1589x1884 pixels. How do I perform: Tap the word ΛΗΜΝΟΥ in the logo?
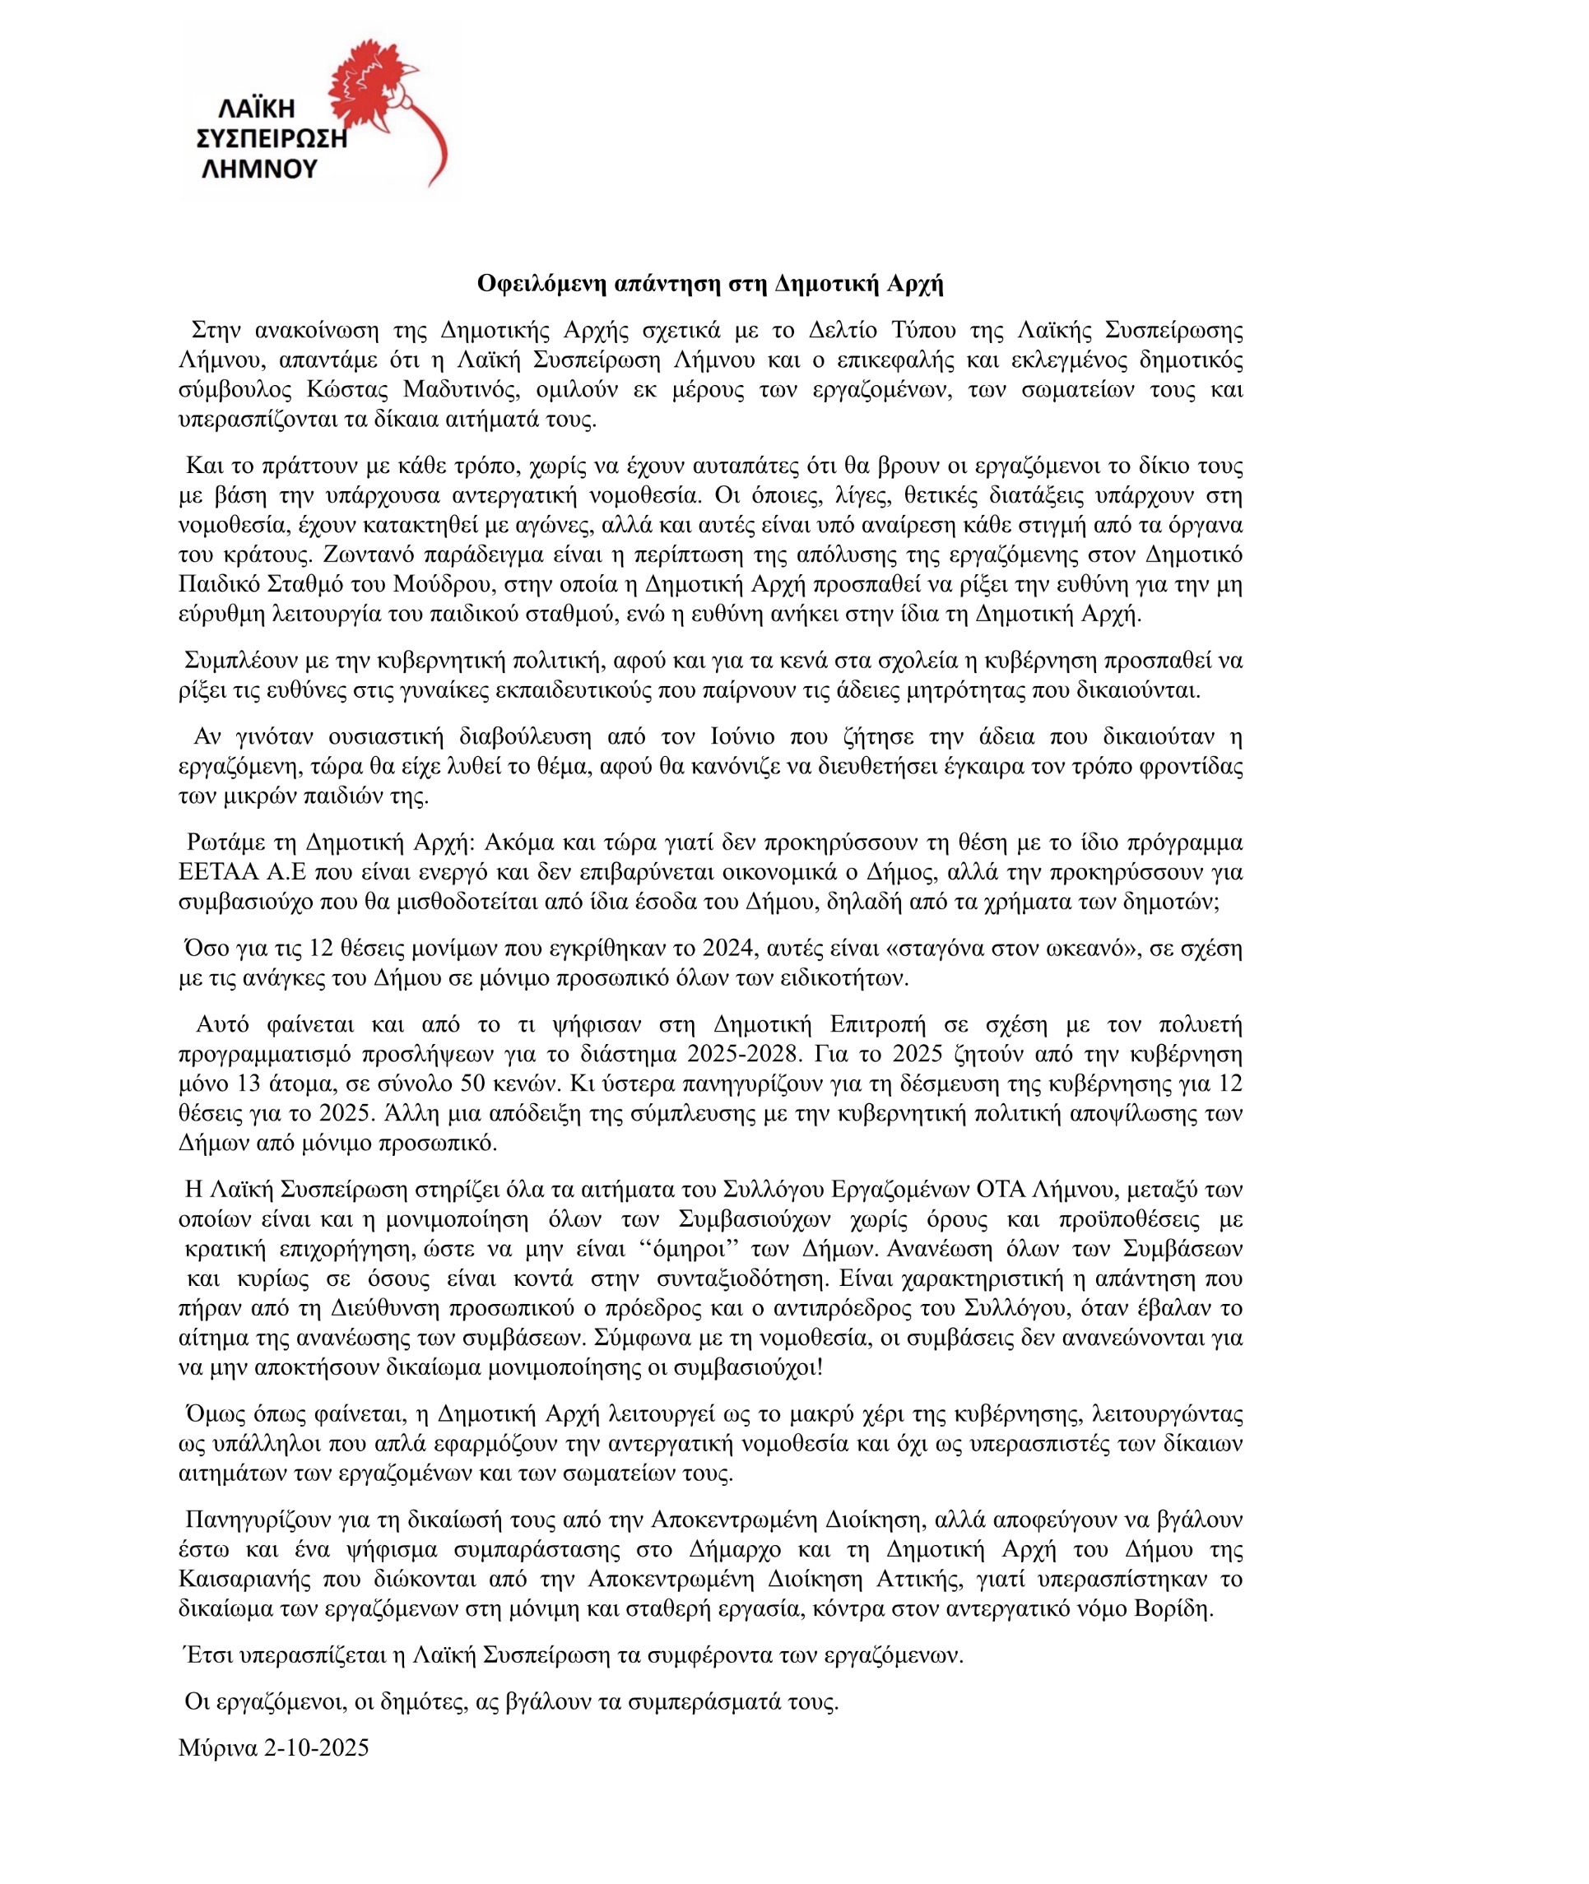coord(258,169)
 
